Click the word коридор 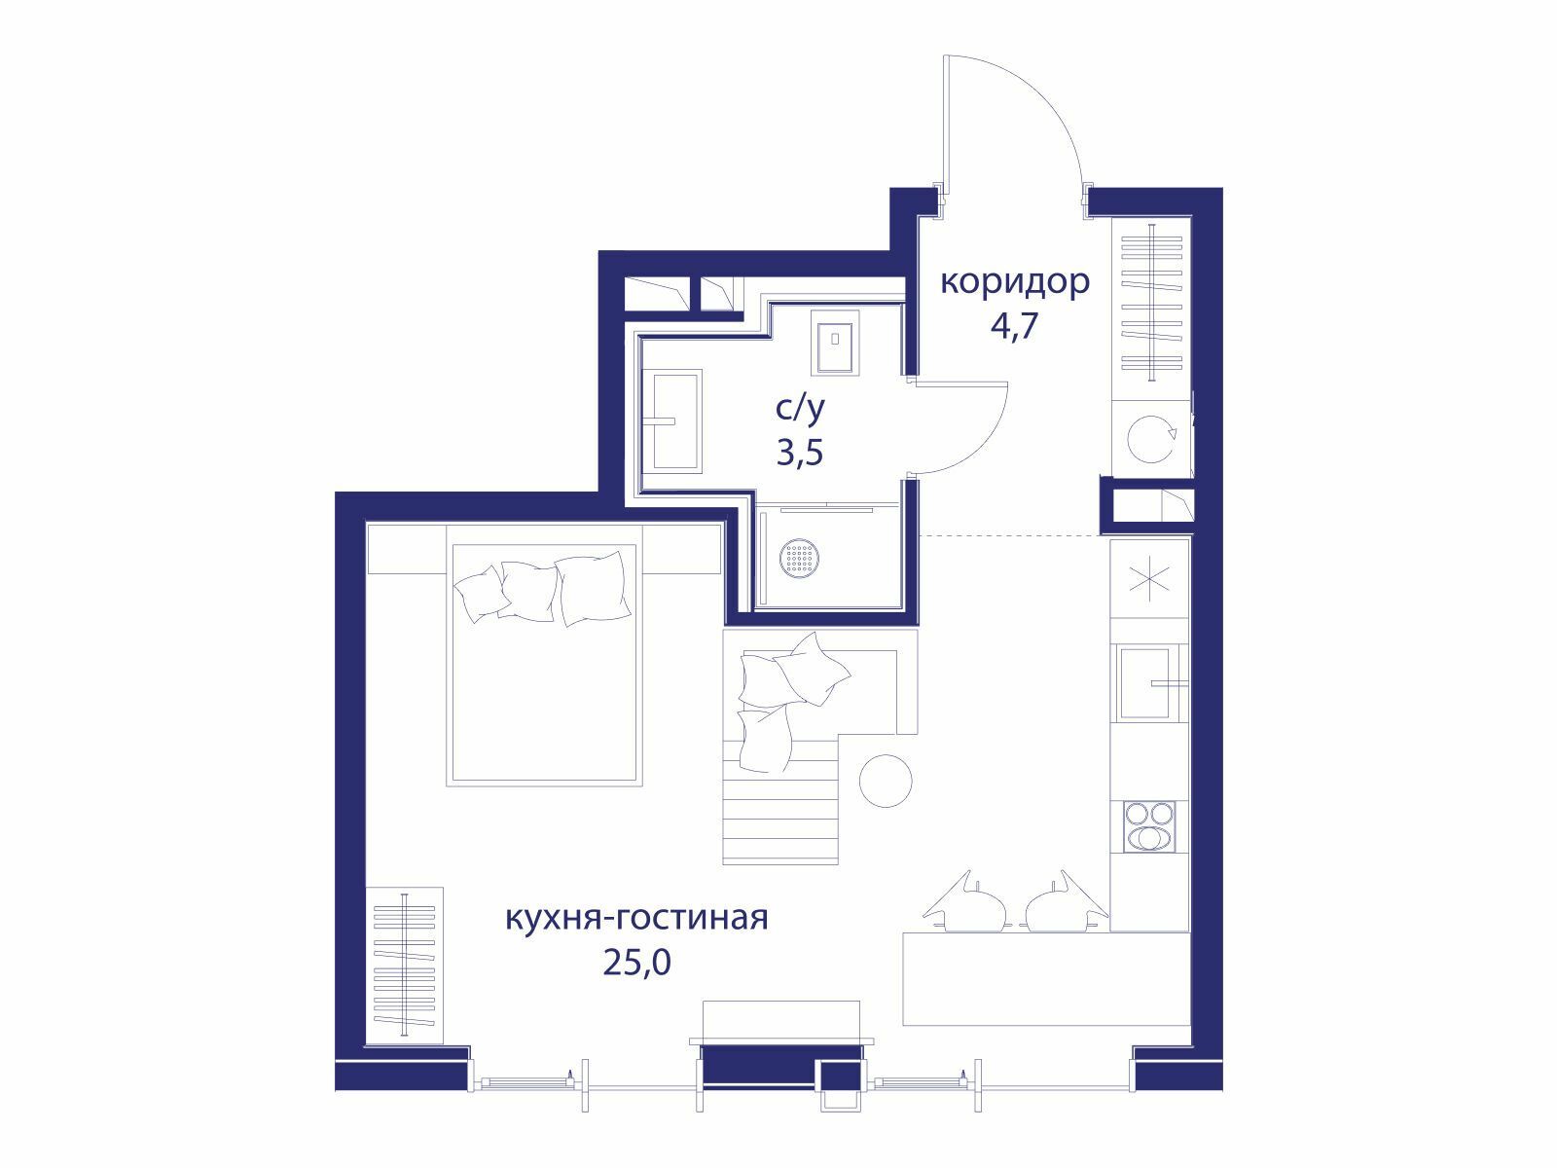pyautogui.click(x=1014, y=283)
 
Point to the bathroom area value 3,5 pyautogui.click(x=800, y=453)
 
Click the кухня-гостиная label pyautogui.click(x=636, y=917)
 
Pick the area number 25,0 pyautogui.click(x=636, y=963)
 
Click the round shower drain pyautogui.click(x=800, y=557)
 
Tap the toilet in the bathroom pyautogui.click(x=835, y=343)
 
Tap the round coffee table pyautogui.click(x=886, y=780)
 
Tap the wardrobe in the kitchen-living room pyautogui.click(x=404, y=966)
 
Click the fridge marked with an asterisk pyautogui.click(x=1149, y=578)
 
